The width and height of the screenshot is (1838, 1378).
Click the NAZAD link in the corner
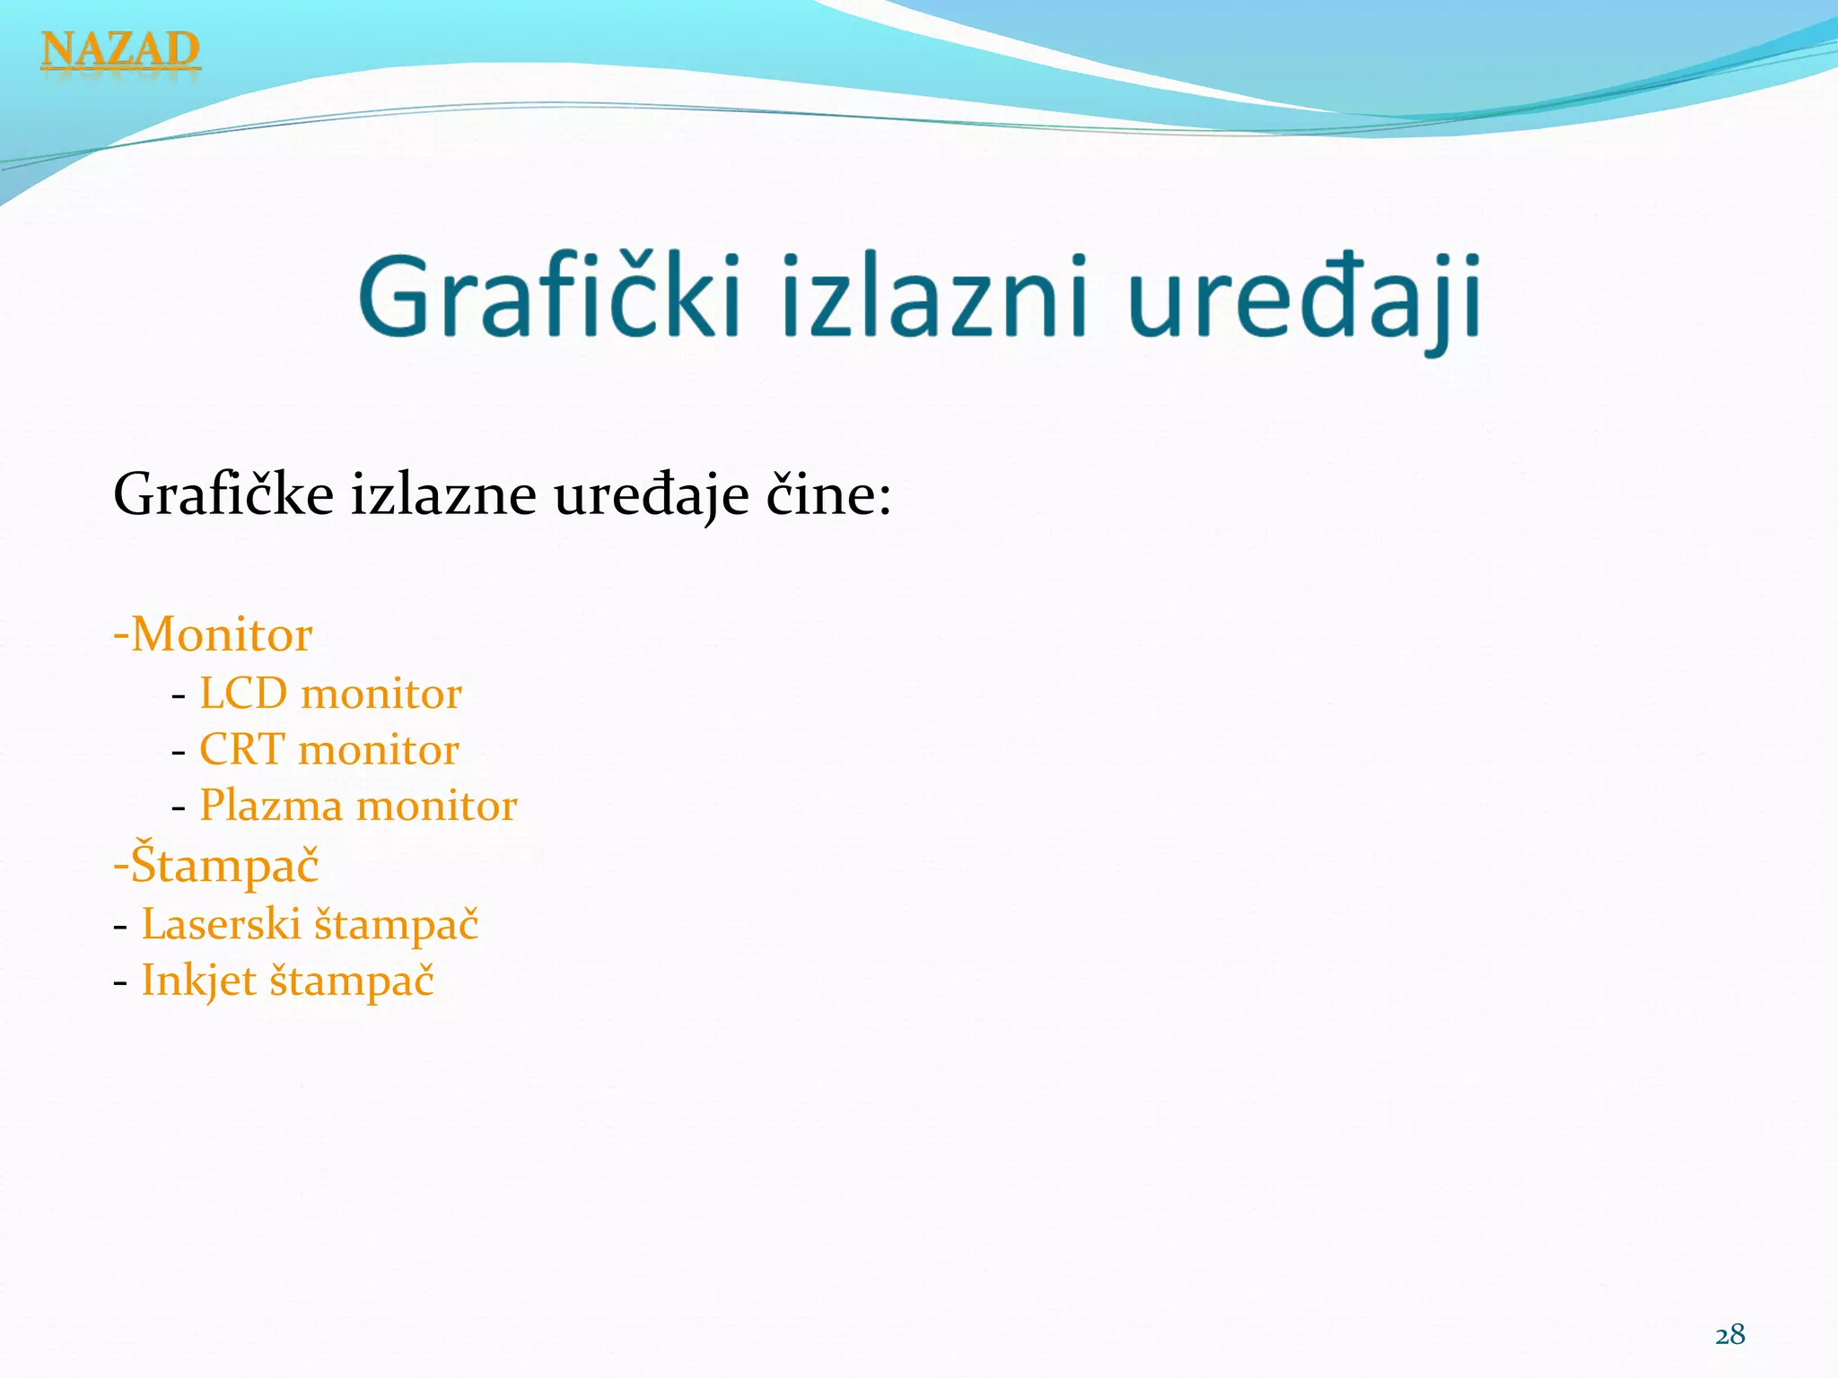click(x=120, y=49)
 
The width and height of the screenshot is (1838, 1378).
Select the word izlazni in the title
click(x=933, y=297)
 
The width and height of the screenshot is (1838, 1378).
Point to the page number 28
click(x=1729, y=1335)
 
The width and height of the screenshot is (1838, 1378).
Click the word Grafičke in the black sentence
click(x=223, y=495)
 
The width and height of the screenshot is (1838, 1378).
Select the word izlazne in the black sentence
click(x=442, y=495)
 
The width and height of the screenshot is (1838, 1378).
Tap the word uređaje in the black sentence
click(x=651, y=495)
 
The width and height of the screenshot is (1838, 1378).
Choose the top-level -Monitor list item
click(x=213, y=635)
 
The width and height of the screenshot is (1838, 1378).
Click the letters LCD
click(x=243, y=694)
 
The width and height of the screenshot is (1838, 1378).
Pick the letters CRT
click(x=241, y=750)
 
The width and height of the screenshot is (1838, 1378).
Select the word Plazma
click(x=271, y=806)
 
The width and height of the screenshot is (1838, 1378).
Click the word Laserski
click(x=221, y=925)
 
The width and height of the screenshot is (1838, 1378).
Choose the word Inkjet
click(x=198, y=981)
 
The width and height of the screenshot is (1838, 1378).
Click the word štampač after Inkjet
click(x=352, y=981)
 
